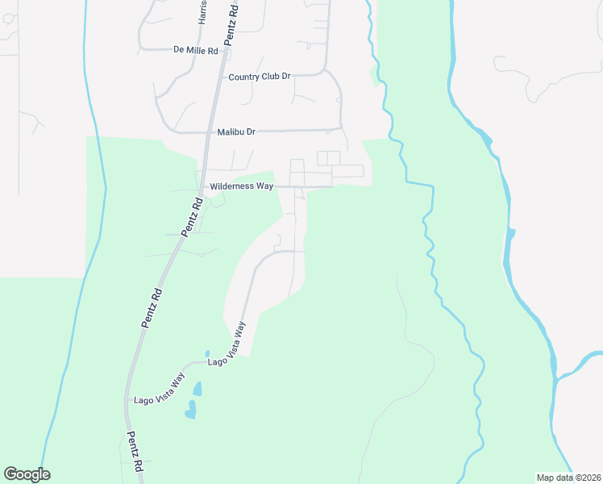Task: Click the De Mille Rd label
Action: pyautogui.click(x=196, y=50)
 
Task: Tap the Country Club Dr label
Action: pyautogui.click(x=259, y=77)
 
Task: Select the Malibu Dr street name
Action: pyautogui.click(x=235, y=131)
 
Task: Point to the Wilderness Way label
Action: pyautogui.click(x=241, y=186)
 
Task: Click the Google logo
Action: pyautogui.click(x=27, y=474)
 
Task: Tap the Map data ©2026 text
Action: pyautogui.click(x=568, y=477)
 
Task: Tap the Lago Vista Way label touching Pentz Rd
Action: pyautogui.click(x=159, y=389)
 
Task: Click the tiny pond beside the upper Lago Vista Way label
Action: pyautogui.click(x=207, y=353)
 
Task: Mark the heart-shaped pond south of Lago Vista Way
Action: pyautogui.click(x=190, y=412)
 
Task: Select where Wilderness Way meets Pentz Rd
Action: pyautogui.click(x=202, y=186)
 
